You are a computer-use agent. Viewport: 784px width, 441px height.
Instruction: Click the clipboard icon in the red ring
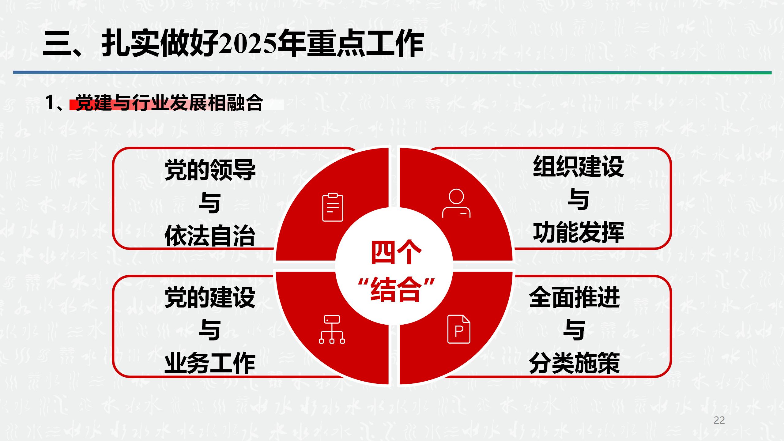(x=333, y=207)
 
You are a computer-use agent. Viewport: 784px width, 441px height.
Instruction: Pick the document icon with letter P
(x=458, y=329)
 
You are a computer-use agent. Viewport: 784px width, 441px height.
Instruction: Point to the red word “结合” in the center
(x=396, y=289)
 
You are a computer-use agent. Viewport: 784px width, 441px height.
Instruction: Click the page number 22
(x=719, y=420)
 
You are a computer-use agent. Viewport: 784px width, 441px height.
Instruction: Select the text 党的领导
(x=210, y=170)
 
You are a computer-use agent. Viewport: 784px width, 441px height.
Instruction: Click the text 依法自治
(x=210, y=236)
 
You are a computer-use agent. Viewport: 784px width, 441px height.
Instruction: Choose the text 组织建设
(x=578, y=167)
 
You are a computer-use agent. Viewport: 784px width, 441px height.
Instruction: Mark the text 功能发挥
(x=578, y=232)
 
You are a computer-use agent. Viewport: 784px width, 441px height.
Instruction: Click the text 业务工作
(x=210, y=364)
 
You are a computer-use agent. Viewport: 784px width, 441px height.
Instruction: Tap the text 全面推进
(x=574, y=297)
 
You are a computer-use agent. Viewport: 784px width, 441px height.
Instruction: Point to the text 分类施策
(x=574, y=364)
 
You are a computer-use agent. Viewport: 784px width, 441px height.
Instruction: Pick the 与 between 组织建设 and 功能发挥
(x=578, y=200)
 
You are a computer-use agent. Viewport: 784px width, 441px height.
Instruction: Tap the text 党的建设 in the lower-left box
(x=210, y=297)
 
